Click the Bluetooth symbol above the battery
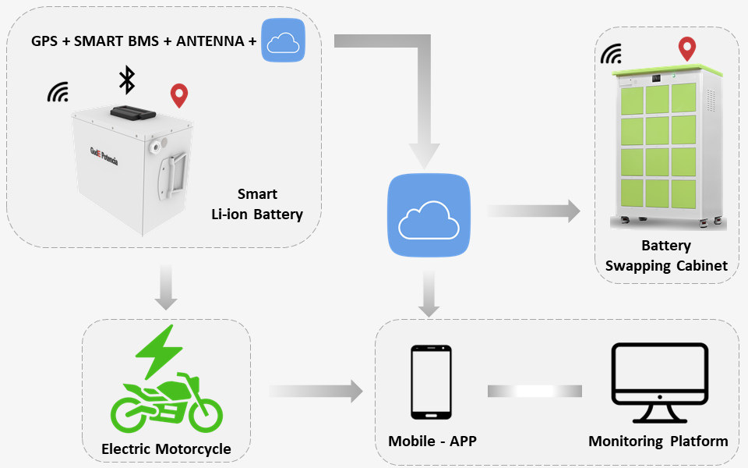point(126,80)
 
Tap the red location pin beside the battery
point(179,96)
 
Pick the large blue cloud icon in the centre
point(429,215)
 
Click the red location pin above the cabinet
point(686,48)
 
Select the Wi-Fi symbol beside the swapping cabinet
point(612,54)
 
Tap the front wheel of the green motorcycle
point(202,411)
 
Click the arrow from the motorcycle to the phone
point(316,390)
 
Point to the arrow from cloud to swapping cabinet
point(535,211)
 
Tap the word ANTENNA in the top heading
point(210,41)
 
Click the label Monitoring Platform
point(658,441)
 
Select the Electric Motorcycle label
point(166,448)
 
